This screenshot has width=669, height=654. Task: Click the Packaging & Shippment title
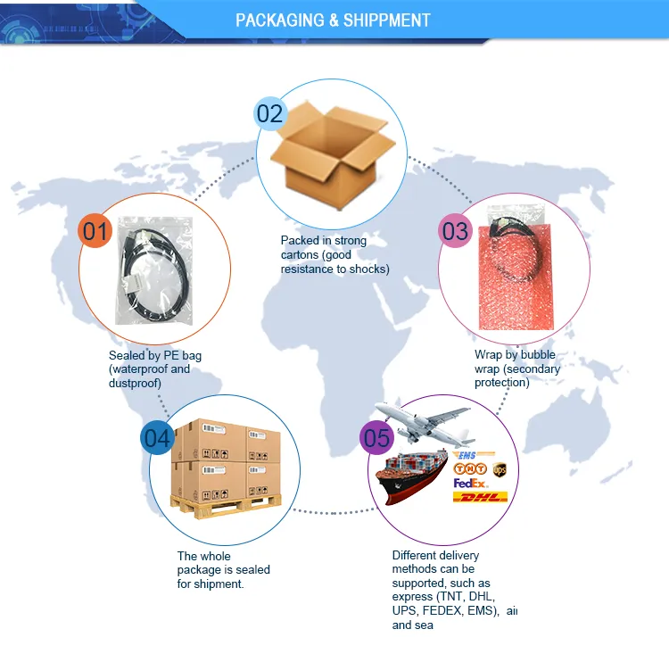333,20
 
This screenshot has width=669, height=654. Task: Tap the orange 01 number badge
95,231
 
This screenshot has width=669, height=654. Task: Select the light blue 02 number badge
270,113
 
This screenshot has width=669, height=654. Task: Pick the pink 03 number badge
455,231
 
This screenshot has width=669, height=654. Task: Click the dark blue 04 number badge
157,437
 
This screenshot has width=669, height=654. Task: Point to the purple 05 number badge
376,437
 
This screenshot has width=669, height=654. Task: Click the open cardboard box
333,155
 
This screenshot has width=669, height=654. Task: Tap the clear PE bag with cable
154,270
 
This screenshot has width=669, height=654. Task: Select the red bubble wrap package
516,277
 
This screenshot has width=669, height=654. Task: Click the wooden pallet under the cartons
226,506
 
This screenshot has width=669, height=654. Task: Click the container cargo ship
412,478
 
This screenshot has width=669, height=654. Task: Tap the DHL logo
480,497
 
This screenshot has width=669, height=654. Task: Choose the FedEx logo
470,484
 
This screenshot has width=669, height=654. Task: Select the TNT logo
470,468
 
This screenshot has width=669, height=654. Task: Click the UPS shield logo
500,469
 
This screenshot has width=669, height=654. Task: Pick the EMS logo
474,455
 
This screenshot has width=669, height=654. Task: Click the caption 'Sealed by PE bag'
155,356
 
